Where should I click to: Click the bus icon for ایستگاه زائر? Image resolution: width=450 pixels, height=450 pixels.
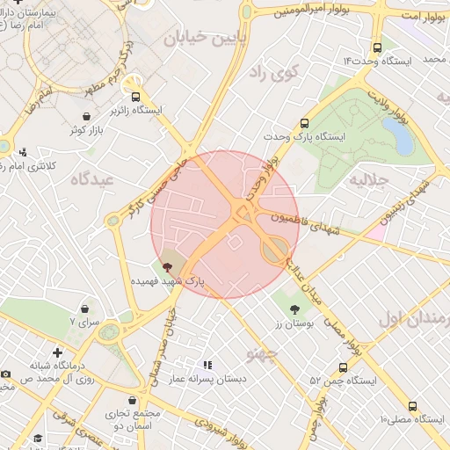(x=135, y=97)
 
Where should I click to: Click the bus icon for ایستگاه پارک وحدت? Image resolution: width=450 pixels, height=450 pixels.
(x=305, y=124)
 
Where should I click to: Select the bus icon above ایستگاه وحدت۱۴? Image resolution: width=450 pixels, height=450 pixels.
(x=377, y=48)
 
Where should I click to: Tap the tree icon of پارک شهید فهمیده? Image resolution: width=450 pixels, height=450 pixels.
(x=168, y=266)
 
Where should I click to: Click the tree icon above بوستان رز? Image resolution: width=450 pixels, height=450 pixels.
(x=294, y=308)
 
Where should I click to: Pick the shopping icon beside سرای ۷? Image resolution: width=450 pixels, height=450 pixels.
(x=84, y=309)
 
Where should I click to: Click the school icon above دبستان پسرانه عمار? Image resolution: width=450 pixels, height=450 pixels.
(x=207, y=364)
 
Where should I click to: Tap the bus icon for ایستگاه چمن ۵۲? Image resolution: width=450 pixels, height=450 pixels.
(x=343, y=367)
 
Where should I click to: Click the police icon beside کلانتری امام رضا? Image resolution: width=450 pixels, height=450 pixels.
(x=23, y=151)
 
